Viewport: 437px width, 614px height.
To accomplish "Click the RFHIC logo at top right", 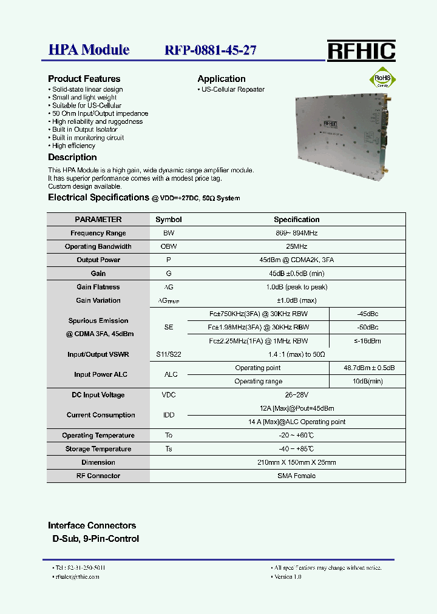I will pos(361,51).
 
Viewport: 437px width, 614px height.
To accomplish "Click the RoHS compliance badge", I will pos(382,79).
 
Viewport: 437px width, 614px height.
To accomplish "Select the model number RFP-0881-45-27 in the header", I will pos(210,50).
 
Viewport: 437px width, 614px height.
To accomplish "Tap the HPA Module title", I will pos(89,50).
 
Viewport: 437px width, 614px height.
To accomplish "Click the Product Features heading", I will pos(84,79).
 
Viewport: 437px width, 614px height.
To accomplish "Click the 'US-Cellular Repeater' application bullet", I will pos(232,89).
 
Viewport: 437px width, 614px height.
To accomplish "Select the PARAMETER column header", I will pos(98,220).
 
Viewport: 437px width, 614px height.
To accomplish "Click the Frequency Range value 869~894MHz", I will pos(296,233).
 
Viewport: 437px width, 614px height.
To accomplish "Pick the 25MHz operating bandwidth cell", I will pos(296,246).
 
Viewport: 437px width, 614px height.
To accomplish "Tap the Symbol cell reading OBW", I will pos(168,246).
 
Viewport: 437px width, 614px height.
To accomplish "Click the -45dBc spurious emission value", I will pos(367,314).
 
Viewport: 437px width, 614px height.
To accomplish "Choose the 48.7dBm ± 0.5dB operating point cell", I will pos(367,368).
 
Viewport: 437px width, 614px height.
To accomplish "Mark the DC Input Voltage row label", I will pos(98,395).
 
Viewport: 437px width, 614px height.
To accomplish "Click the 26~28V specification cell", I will pos(296,395).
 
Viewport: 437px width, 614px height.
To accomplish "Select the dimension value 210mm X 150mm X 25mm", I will pos(296,462).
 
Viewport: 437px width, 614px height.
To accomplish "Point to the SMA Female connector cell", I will pos(296,476).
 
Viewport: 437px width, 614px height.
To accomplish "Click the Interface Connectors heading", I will pos(92,525).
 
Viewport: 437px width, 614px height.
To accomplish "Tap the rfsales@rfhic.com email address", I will pos(76,577).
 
